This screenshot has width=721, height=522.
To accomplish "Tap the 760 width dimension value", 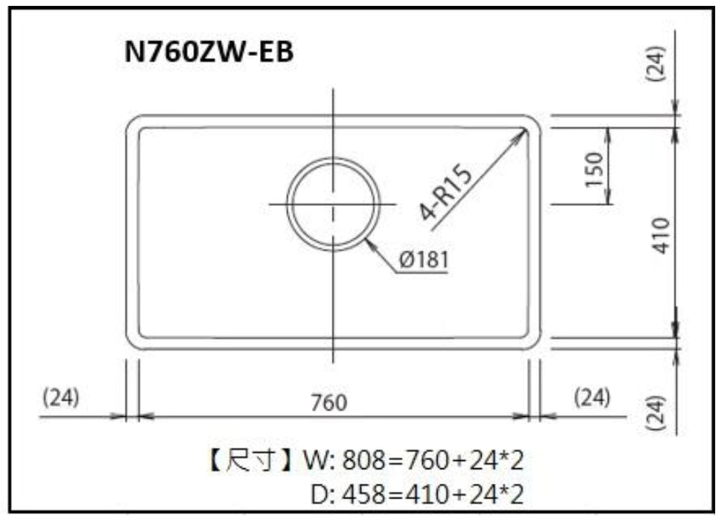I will (328, 402).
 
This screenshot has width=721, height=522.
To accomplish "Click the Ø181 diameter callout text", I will (422, 260).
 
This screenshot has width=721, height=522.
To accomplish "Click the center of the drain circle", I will (333, 204).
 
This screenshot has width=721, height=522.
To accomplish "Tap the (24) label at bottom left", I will (61, 397).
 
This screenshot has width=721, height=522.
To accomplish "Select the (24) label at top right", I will (658, 63).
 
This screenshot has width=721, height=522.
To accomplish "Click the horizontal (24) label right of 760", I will (593, 397).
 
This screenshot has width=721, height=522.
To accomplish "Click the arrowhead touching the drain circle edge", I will (370, 243).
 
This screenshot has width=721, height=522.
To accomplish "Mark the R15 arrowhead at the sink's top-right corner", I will (523, 133).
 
